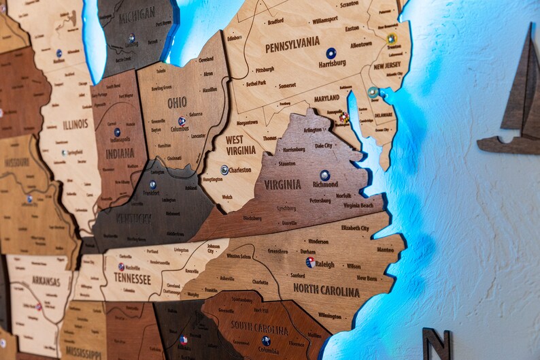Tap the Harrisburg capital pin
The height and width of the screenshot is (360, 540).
(x=331, y=53)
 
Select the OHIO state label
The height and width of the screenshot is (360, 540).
(x=177, y=103)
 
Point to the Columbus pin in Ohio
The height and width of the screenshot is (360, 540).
(x=182, y=121)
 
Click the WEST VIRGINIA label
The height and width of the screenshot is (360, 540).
(x=241, y=144)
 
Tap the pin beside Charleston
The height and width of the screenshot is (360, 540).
(x=224, y=170)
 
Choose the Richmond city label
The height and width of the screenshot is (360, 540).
(x=325, y=184)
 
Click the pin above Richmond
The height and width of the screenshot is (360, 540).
(x=324, y=175)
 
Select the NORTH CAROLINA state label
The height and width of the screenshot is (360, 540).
(x=326, y=291)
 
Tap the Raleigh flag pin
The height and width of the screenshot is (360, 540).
(x=310, y=262)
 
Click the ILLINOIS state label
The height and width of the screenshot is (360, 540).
(x=75, y=125)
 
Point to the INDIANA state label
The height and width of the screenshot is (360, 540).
(x=120, y=153)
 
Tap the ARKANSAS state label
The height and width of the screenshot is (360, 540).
(x=46, y=280)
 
